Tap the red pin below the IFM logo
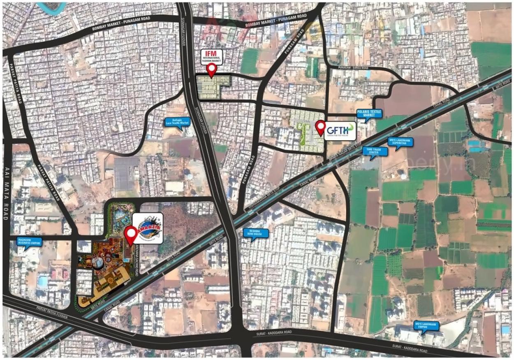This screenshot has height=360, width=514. tap(212, 70)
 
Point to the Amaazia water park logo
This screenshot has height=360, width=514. tap(148, 228)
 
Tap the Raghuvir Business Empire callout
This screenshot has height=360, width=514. tap(30, 241)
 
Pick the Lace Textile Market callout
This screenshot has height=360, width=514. tap(177, 121)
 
